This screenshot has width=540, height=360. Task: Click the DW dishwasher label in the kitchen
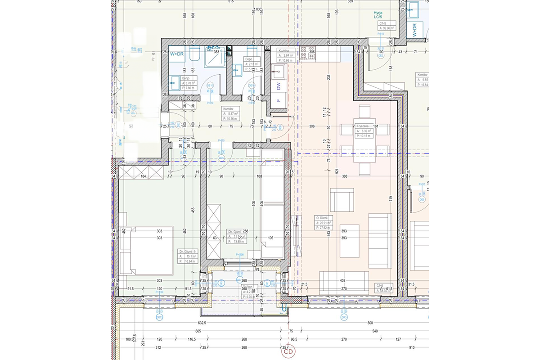(279, 85)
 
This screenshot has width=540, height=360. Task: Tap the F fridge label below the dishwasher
(279, 100)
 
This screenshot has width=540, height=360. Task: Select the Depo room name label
(248, 59)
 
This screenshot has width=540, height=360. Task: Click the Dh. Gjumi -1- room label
(188, 251)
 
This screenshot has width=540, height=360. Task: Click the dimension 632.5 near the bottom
(201, 323)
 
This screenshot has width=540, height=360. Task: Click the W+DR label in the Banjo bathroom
(177, 54)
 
